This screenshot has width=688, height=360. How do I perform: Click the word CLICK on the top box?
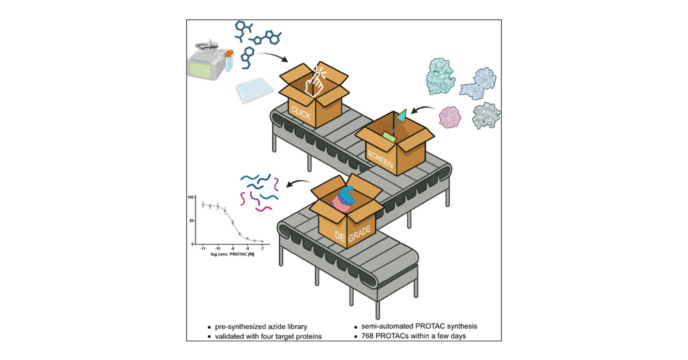[x=301, y=113]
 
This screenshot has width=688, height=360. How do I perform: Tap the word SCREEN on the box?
[x=380, y=159]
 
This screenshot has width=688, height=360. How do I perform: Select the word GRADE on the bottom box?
[x=359, y=234]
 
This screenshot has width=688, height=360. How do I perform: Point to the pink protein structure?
[x=450, y=117]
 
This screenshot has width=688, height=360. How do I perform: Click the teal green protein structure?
[x=440, y=76]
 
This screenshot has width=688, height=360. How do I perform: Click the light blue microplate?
[x=255, y=89]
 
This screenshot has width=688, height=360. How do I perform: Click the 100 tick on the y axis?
[x=191, y=197]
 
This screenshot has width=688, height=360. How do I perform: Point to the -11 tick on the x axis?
[x=203, y=248]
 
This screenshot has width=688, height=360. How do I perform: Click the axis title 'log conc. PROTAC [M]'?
[x=232, y=254]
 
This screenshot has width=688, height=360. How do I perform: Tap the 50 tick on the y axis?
[x=192, y=221]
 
